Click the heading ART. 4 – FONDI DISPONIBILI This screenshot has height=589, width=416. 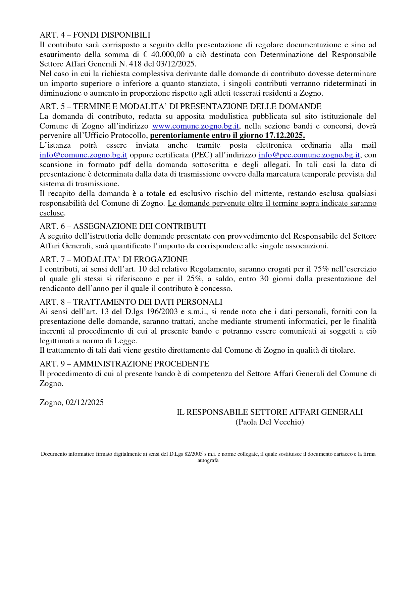click(x=95, y=35)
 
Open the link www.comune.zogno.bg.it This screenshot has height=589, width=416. click(x=195, y=126)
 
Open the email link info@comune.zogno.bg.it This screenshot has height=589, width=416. click(x=83, y=155)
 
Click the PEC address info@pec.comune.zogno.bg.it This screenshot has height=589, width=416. click(x=309, y=155)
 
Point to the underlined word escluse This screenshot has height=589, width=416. click(x=52, y=213)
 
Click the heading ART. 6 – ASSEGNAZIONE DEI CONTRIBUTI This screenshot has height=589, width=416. click(x=123, y=226)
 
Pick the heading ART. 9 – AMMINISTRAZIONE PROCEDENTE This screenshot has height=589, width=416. click(x=124, y=363)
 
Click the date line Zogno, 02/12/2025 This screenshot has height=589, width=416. click(x=71, y=402)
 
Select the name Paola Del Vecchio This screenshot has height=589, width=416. click(x=269, y=422)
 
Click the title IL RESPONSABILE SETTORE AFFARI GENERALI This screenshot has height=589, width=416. click(x=269, y=412)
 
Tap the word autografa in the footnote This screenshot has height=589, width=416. click(x=208, y=460)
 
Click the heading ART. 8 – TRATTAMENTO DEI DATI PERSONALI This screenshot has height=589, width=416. click(x=131, y=302)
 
